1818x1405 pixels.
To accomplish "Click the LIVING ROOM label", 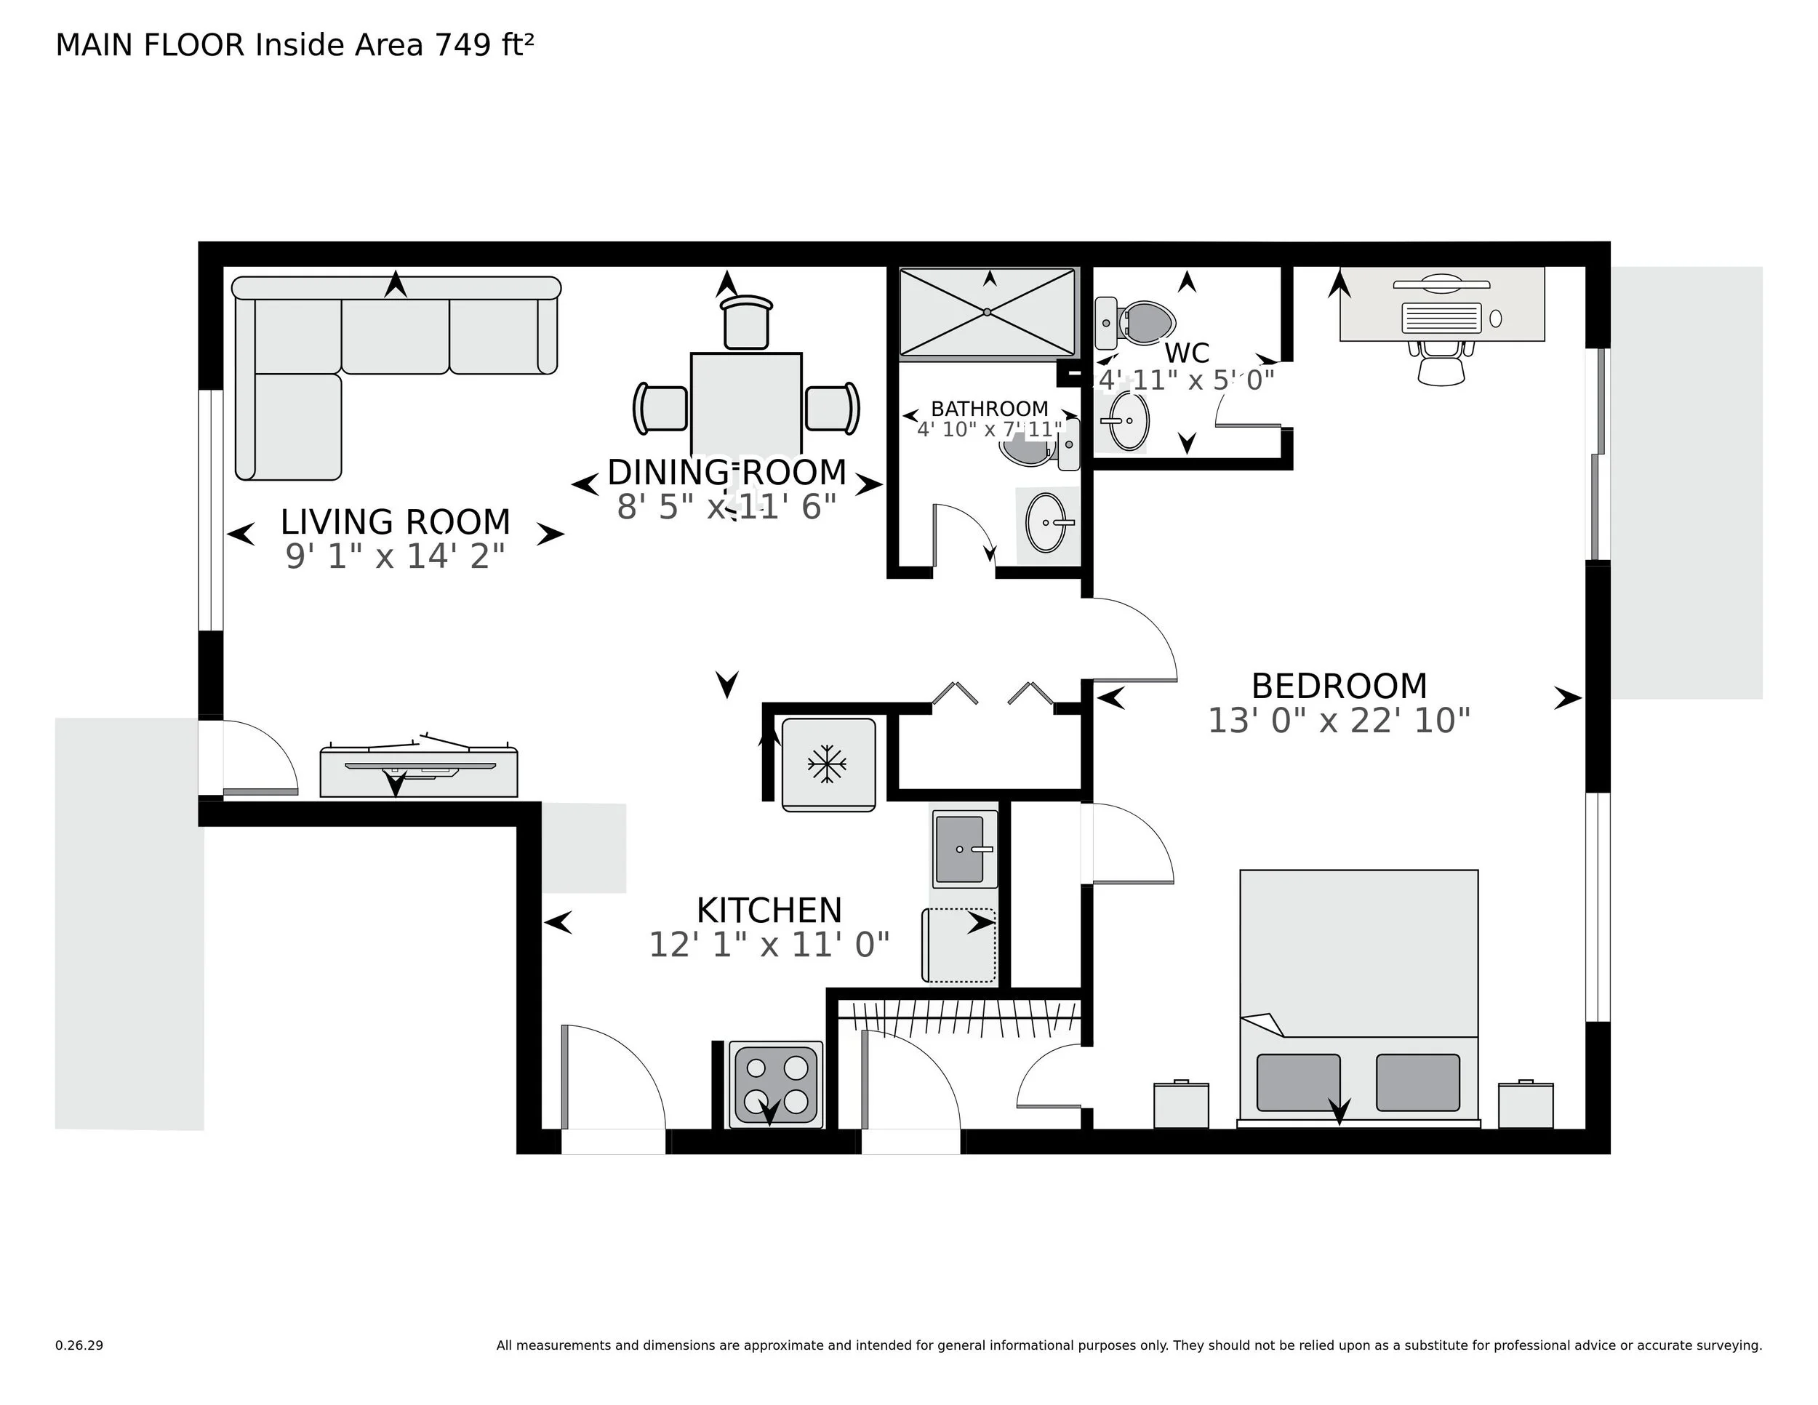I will [x=395, y=522].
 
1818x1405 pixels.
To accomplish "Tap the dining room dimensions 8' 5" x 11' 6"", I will [x=726, y=506].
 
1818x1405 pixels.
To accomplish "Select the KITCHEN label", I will [x=769, y=910].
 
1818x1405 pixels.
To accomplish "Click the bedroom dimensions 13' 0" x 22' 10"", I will [x=1339, y=721].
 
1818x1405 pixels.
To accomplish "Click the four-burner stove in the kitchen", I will [x=775, y=1084].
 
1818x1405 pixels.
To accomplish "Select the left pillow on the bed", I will [x=1298, y=1082].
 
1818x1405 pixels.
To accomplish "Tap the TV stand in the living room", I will [x=419, y=772].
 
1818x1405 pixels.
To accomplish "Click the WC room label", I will [x=1186, y=353].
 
